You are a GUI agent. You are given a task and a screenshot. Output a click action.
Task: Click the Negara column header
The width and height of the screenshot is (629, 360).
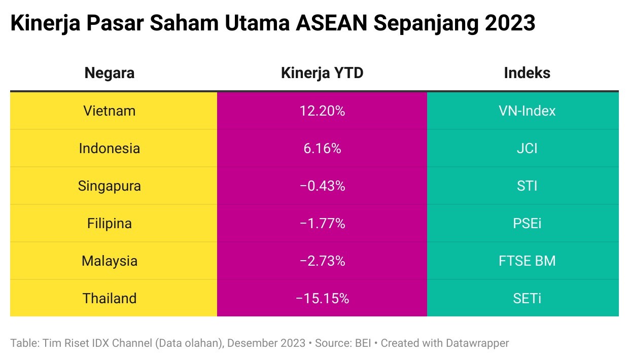coord(109,73)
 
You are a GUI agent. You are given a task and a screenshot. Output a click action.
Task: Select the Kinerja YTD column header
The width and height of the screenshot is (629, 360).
coord(322,73)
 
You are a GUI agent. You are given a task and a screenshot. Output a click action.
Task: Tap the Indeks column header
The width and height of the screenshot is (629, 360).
coord(527,73)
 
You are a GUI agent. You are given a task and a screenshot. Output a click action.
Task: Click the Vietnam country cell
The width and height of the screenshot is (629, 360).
coord(110,111)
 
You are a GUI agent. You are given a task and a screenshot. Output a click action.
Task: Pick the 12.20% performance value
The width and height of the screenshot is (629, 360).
coord(322,111)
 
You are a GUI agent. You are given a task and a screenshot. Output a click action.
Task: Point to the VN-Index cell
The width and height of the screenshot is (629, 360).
coord(527,111)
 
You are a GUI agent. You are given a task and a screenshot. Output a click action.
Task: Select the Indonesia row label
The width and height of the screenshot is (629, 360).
coord(110,148)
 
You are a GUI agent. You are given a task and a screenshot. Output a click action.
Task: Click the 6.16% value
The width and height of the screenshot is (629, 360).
coord(322,148)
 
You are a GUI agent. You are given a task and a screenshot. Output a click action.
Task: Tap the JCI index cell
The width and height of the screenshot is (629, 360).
coord(527,148)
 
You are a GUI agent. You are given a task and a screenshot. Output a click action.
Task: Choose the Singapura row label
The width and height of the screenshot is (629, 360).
coord(110,186)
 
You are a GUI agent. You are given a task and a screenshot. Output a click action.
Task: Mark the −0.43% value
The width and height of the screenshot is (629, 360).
coord(322,186)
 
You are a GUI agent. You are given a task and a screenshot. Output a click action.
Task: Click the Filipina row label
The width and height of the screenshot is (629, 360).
coord(110,223)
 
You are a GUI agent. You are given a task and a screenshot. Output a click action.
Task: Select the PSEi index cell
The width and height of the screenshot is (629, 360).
coord(527,223)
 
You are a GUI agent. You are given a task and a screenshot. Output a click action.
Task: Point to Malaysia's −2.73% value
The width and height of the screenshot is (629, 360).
coord(322,261)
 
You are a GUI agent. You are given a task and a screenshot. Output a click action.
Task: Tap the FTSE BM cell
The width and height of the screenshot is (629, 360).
coord(527,261)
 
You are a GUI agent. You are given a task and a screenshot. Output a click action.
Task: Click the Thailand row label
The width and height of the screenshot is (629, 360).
coord(110,298)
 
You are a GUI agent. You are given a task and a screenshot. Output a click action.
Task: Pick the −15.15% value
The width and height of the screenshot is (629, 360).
coord(322,298)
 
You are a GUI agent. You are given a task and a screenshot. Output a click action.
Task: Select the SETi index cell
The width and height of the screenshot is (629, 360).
coord(527,298)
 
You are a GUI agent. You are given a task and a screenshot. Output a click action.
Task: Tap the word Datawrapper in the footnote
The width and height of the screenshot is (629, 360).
coord(477,343)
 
